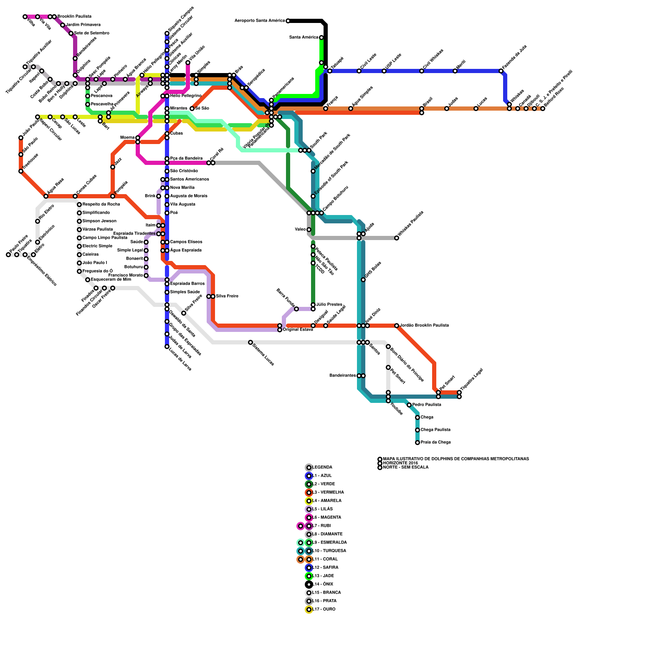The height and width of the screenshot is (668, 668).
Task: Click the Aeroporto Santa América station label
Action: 260,21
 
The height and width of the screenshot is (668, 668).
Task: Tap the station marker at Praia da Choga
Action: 417,443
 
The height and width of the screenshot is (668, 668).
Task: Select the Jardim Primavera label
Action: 83,25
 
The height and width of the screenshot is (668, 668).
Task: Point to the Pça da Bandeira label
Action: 186,159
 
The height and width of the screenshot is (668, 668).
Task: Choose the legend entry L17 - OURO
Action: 324,610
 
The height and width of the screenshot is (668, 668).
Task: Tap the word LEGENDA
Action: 322,468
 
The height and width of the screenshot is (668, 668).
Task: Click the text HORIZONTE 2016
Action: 400,463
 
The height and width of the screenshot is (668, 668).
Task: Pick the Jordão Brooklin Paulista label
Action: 424,326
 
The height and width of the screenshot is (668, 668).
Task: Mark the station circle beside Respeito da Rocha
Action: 79,205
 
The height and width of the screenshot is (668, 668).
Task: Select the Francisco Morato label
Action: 125,276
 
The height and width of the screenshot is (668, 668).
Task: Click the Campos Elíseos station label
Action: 186,242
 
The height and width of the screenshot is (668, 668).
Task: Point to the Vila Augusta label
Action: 182,205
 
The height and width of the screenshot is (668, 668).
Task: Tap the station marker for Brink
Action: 159,196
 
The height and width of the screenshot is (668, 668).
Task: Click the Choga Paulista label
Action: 435,430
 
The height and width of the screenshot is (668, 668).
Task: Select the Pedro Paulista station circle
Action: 409,405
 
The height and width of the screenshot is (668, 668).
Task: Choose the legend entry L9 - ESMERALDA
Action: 329,543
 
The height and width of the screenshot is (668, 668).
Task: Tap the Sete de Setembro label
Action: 91,33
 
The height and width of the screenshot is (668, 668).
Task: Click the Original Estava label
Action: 298,330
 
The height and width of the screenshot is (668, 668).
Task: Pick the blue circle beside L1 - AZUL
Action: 309,476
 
